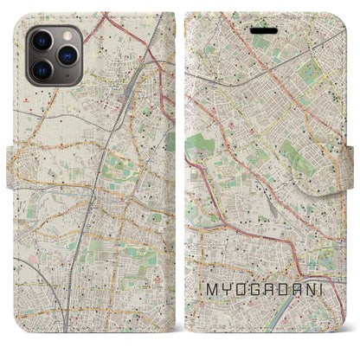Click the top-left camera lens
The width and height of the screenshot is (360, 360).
40,41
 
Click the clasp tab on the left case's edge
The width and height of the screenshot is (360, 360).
10,160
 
